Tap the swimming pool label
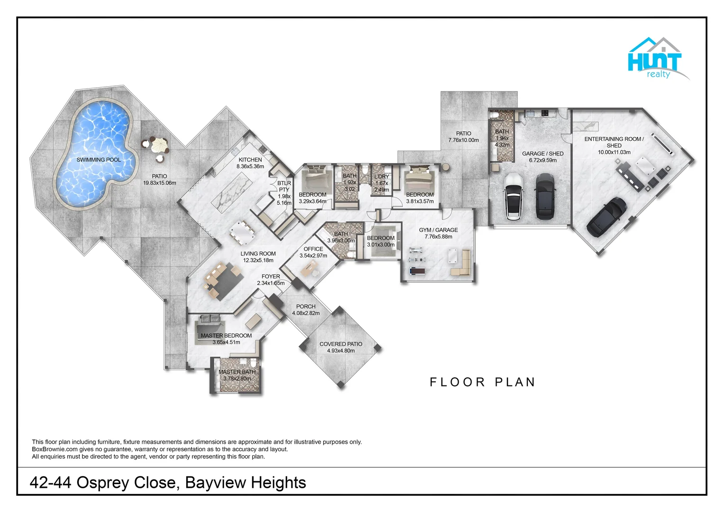pos(99,160)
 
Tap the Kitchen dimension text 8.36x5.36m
pos(250,166)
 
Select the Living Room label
pos(258,254)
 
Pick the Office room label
pos(313,249)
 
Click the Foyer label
pos(271,276)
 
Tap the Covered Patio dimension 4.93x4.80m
pos(341,351)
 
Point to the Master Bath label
pos(237,372)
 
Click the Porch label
pos(306,306)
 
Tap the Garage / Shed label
pos(543,154)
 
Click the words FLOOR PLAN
pos(482,382)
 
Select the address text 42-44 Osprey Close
pos(102,483)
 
